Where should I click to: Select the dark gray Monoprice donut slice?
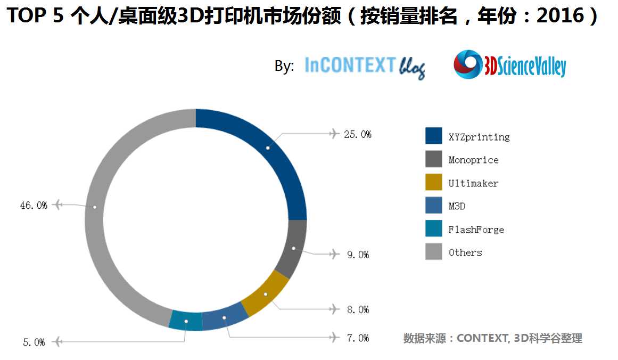(x=294, y=249)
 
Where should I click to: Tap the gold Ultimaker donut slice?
(x=265, y=294)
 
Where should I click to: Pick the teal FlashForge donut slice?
(x=186, y=321)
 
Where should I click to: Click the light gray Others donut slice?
(x=94, y=207)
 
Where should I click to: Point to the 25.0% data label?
(x=357, y=134)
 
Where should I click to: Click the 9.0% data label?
(x=358, y=255)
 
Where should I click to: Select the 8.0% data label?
(x=358, y=309)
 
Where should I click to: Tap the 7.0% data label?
(x=358, y=338)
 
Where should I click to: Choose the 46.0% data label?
(x=34, y=205)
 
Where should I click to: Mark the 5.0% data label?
(x=34, y=342)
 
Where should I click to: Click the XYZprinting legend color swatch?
(x=434, y=136)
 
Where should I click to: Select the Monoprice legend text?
(x=473, y=160)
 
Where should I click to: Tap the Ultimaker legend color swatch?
(x=434, y=183)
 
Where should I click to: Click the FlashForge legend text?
(x=476, y=230)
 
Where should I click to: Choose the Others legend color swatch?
(x=434, y=252)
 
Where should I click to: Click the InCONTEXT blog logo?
(x=365, y=67)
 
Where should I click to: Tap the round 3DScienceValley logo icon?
(x=467, y=64)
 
